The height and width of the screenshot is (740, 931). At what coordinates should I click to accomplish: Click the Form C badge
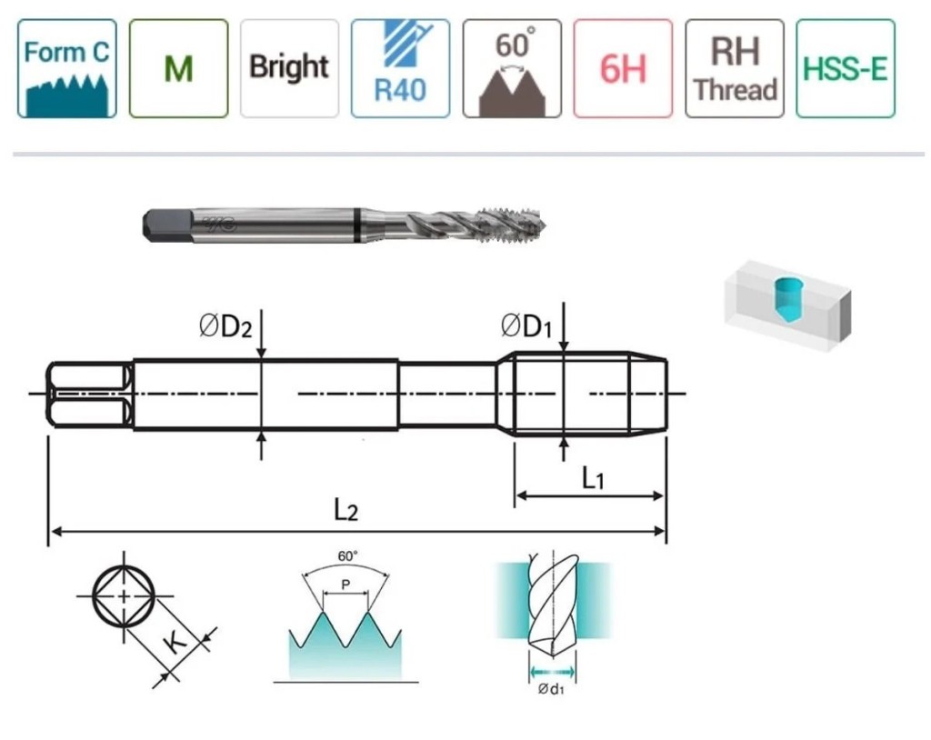[67, 68]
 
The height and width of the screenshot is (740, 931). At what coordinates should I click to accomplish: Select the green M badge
[179, 68]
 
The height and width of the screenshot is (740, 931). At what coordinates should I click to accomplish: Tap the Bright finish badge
[289, 68]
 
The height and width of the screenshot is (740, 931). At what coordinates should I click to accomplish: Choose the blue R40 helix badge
[400, 68]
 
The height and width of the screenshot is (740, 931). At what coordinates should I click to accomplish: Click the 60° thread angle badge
[512, 68]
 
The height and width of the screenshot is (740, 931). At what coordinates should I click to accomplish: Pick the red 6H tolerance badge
[623, 68]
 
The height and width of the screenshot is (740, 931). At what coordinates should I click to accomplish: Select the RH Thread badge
[735, 68]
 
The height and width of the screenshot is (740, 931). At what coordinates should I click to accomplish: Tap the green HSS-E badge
[846, 68]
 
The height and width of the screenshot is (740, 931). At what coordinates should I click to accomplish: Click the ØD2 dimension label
[225, 326]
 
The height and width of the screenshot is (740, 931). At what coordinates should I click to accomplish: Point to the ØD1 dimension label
[526, 326]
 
